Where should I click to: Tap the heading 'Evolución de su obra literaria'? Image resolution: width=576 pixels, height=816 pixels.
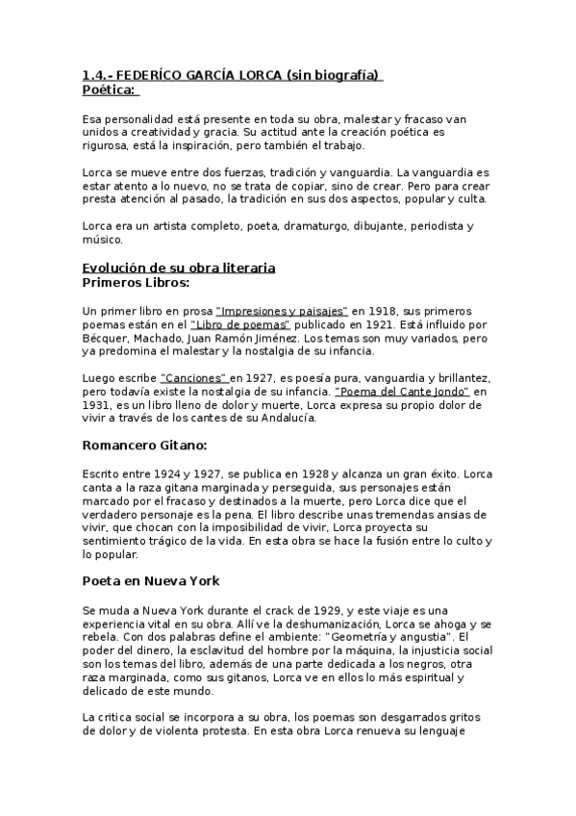pos(179,267)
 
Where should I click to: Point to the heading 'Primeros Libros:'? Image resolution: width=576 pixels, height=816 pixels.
pos(136,283)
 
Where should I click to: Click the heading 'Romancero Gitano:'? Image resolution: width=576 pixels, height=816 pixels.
pos(144,446)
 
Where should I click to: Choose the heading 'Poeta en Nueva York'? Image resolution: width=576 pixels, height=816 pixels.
pos(151,581)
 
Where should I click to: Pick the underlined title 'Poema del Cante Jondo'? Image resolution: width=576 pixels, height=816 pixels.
pos(401,393)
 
